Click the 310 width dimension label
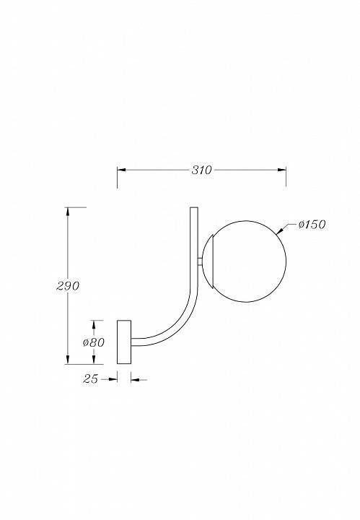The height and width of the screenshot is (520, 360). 201,170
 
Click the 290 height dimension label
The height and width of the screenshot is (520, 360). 68,285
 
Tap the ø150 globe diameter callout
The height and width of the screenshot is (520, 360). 312,225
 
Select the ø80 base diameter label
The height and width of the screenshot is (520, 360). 94,342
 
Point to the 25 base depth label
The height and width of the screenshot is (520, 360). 90,378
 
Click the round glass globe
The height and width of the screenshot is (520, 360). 245,261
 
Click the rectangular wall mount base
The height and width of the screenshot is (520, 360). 124,342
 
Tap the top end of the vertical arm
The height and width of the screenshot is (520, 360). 194,207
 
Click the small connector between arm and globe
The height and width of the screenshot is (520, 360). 201,261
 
